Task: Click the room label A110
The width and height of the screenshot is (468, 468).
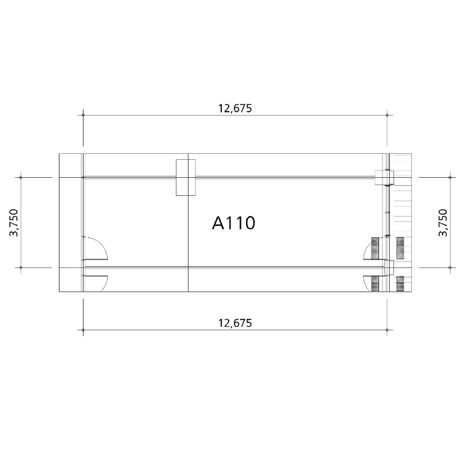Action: tap(234, 223)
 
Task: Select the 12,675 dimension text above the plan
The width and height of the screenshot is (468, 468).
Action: tap(235, 108)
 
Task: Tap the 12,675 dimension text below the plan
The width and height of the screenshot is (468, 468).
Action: tap(235, 323)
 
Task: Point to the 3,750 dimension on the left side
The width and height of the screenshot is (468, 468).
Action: tap(14, 223)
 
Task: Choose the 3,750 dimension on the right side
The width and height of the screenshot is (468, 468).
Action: tap(443, 223)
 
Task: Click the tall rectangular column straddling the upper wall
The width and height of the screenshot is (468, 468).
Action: tap(186, 178)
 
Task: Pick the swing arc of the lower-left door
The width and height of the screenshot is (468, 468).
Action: tap(104, 283)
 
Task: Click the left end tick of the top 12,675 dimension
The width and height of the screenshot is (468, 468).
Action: tap(83, 115)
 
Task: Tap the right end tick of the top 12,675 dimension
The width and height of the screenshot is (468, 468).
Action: tap(387, 115)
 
